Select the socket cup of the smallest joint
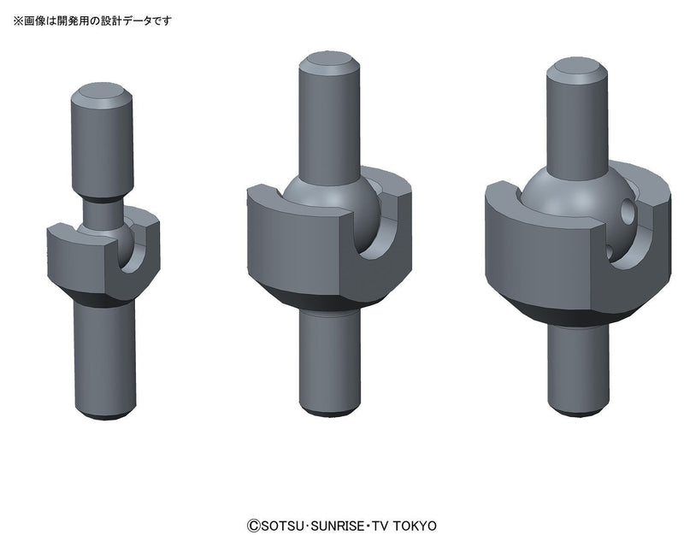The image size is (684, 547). point(81,256)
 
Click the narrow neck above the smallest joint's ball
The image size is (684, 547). point(103,208)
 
